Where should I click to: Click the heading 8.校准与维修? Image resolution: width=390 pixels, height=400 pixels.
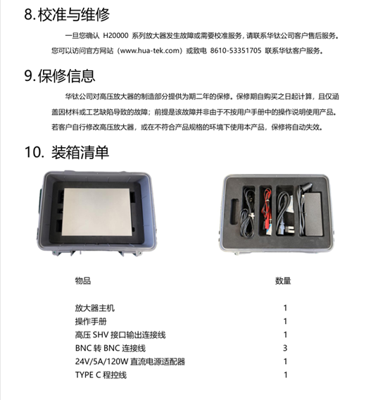point(66,13)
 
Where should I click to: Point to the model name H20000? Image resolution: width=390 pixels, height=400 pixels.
point(117,34)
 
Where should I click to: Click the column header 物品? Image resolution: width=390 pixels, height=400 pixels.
point(82,280)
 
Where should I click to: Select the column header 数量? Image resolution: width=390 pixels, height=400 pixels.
point(283,280)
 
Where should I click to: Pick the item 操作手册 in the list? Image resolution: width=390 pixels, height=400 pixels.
point(90,321)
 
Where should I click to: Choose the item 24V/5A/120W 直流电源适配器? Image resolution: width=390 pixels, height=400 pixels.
point(129,361)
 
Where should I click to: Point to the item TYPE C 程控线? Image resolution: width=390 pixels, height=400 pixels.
point(101,375)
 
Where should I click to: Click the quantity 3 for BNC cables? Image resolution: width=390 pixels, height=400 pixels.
point(285,348)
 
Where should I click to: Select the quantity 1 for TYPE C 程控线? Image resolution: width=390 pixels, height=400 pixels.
point(285,375)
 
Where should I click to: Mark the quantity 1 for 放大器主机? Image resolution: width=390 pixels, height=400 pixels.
point(285,308)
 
